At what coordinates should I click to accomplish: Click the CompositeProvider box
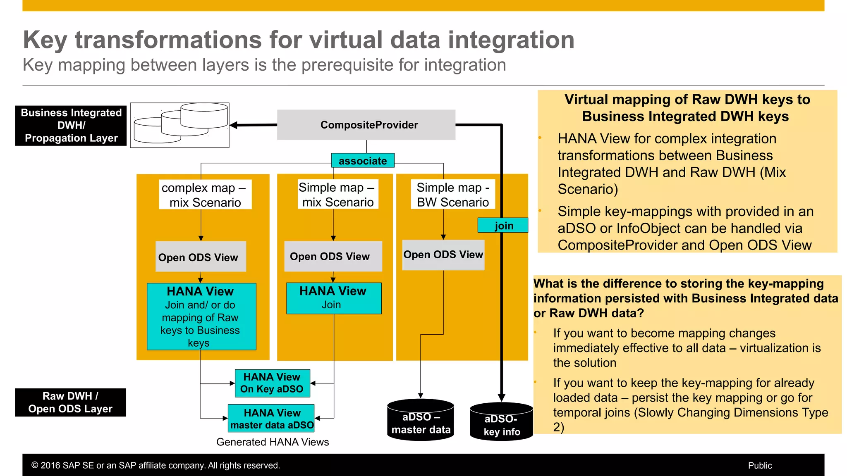tap(366, 125)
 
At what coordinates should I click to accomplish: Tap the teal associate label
tap(363, 161)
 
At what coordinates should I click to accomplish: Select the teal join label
tap(503, 226)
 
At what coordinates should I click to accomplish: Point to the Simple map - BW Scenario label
tap(452, 195)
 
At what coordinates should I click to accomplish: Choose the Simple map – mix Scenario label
tap(337, 195)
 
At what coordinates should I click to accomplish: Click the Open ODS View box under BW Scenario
tap(443, 255)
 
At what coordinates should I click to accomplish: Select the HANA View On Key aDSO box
tap(272, 383)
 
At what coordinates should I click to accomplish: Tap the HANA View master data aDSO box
tap(271, 419)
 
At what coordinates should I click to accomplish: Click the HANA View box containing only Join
tap(333, 298)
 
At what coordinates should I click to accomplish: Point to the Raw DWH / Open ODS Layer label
tap(70, 402)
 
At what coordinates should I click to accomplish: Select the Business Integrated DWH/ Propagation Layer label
tap(71, 125)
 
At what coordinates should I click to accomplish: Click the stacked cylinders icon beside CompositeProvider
tap(180, 125)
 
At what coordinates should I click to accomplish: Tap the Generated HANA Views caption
tap(273, 442)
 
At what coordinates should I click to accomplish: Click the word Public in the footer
tap(760, 466)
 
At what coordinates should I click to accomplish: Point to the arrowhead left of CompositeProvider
tap(234, 125)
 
